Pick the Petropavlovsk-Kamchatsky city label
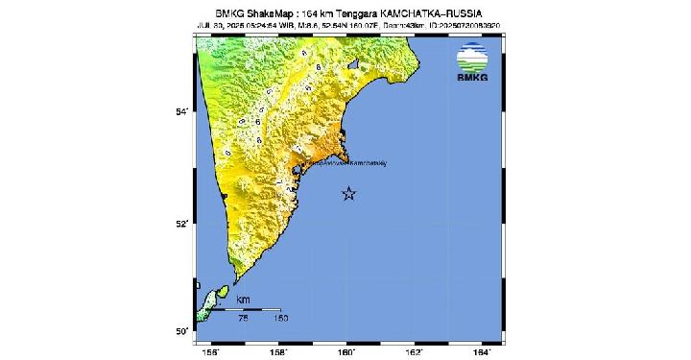(x=346, y=162)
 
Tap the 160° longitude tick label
(x=347, y=351)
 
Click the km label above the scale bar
(x=243, y=300)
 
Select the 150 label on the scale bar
(x=280, y=318)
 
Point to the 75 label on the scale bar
(x=244, y=318)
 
